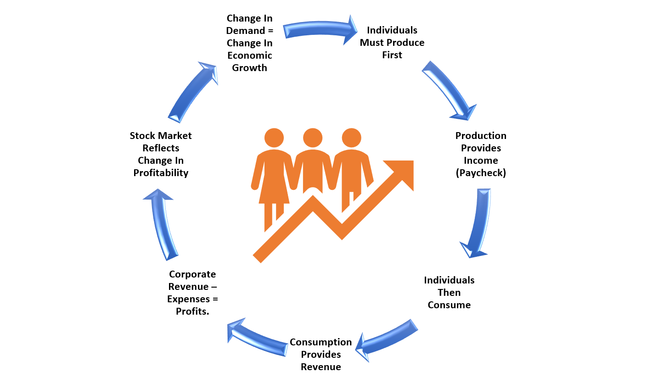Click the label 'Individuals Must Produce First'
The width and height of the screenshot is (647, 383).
392,43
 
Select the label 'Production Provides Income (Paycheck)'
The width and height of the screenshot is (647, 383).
481,155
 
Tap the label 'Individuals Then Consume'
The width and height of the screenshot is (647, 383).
449,293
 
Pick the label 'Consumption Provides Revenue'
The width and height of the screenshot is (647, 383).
321,355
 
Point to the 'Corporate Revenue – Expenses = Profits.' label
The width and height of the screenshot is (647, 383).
192,293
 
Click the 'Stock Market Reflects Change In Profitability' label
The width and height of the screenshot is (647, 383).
161,155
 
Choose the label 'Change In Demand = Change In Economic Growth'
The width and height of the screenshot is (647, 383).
249,43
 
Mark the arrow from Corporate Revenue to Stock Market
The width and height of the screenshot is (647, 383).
163,225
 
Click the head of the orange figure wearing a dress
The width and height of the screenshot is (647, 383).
274,138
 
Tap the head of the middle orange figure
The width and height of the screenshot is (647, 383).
313,138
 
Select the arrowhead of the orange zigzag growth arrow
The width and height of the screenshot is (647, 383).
401,172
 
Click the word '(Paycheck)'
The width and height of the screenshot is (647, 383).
481,173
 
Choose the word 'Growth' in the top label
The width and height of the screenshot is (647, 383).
249,68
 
